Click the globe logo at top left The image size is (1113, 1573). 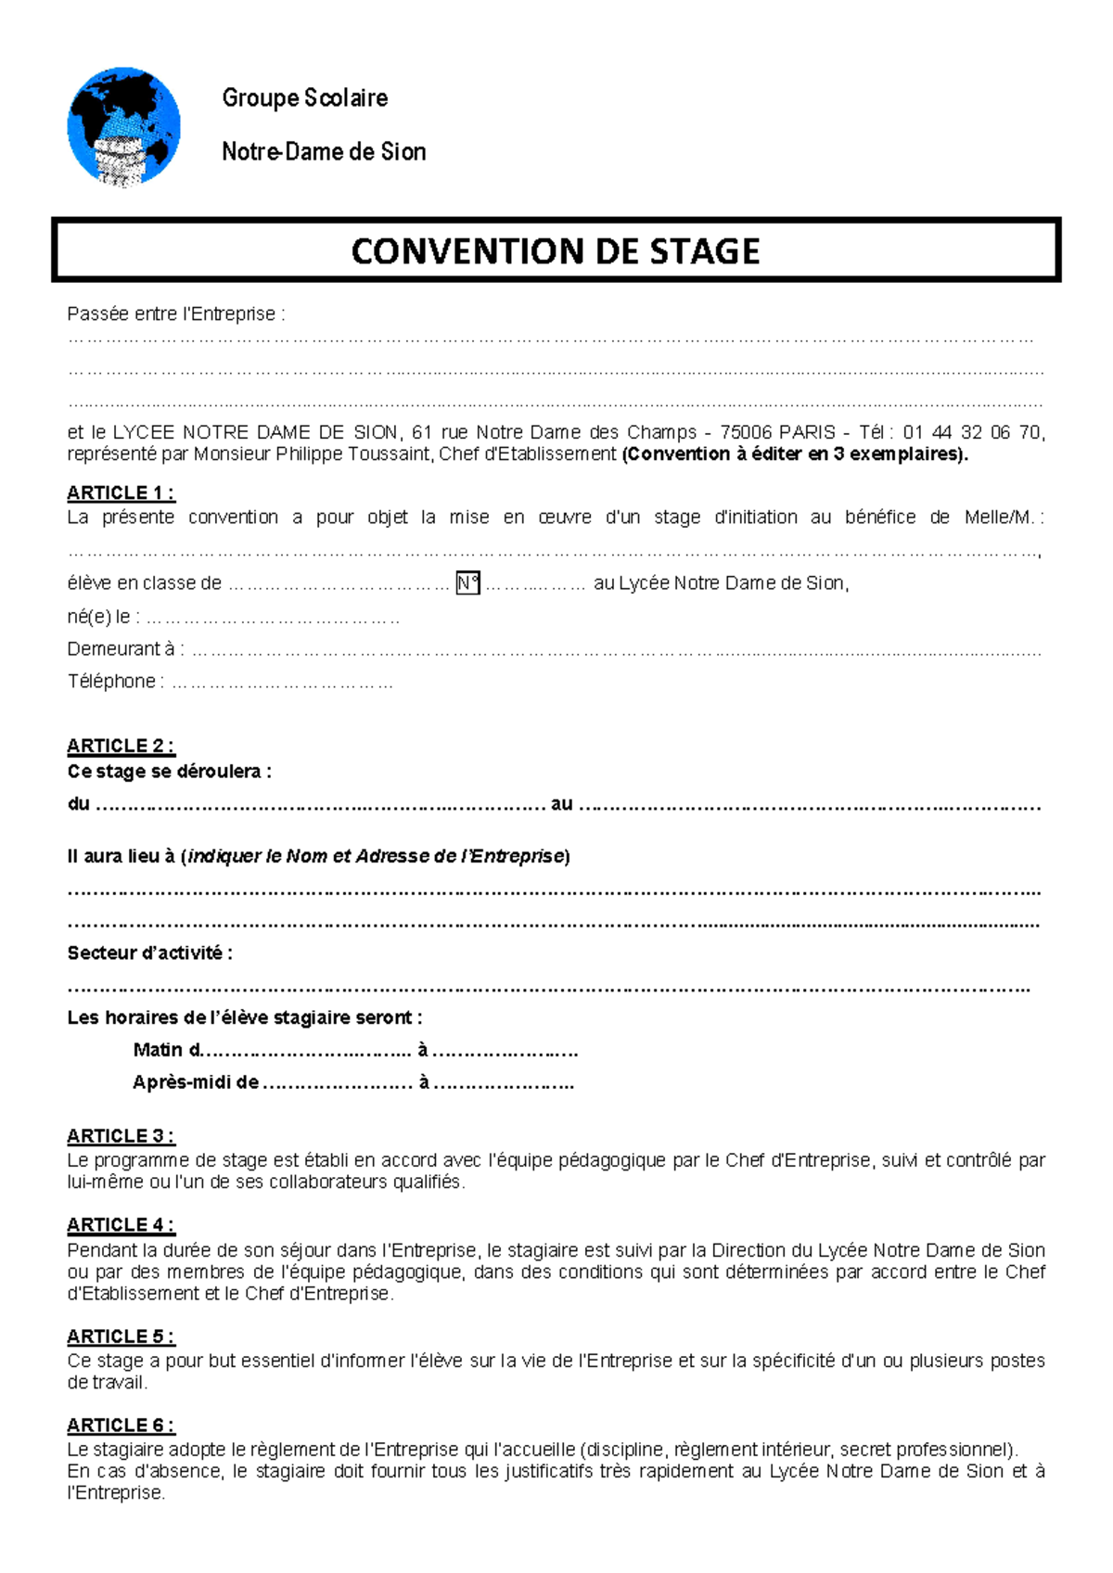click(x=123, y=127)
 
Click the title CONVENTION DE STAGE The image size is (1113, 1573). click(x=555, y=251)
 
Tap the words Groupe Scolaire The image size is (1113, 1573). click(x=304, y=98)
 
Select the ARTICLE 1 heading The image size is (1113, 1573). click(x=120, y=492)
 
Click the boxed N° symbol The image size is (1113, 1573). click(x=467, y=583)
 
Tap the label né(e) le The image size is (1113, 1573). click(x=103, y=617)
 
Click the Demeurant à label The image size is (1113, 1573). click(x=125, y=649)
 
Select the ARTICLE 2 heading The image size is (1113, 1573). click(x=120, y=746)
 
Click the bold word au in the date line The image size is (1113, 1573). click(x=561, y=804)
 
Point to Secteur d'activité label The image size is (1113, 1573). click(x=149, y=953)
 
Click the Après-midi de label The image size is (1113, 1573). click(x=195, y=1082)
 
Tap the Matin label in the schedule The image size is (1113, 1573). click(x=158, y=1050)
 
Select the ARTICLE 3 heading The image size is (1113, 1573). click(x=120, y=1136)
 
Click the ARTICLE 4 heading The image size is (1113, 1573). click(x=120, y=1225)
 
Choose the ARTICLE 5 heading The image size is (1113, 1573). click(x=120, y=1336)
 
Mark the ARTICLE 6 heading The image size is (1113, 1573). click(x=120, y=1426)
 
